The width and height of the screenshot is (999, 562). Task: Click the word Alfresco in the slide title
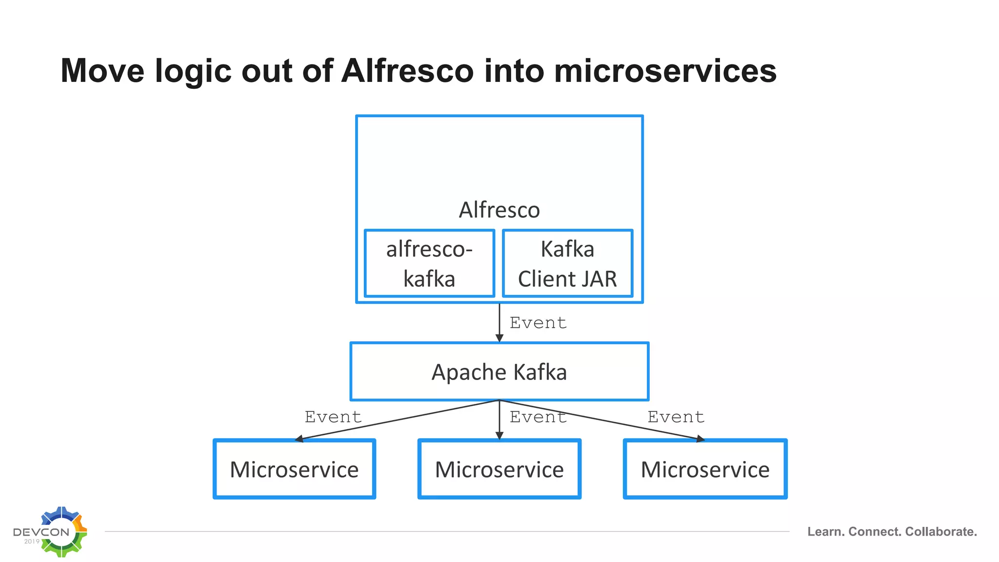click(x=407, y=71)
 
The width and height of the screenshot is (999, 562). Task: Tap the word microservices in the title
click(x=665, y=71)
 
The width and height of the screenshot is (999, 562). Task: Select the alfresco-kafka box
click(x=429, y=263)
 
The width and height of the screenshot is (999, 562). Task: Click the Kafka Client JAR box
click(x=567, y=263)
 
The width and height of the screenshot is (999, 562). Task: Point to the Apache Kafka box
click(x=499, y=372)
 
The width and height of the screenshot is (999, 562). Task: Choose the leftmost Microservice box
click(x=294, y=469)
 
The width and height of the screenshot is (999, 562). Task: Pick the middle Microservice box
click(x=499, y=469)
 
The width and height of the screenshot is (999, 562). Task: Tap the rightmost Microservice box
click(x=705, y=469)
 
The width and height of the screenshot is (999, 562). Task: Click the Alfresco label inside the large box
click(x=499, y=210)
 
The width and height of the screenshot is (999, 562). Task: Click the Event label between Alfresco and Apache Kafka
click(x=538, y=322)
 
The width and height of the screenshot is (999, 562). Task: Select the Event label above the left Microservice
click(x=333, y=417)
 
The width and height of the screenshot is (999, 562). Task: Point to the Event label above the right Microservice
click(x=676, y=417)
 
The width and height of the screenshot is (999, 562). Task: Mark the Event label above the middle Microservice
click(x=538, y=417)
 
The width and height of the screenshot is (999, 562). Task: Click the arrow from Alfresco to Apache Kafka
click(x=499, y=322)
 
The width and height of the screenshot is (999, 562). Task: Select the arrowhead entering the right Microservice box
click(x=700, y=439)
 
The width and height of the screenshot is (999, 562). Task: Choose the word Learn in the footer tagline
click(x=826, y=532)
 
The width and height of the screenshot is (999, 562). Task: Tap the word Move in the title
click(x=102, y=71)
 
